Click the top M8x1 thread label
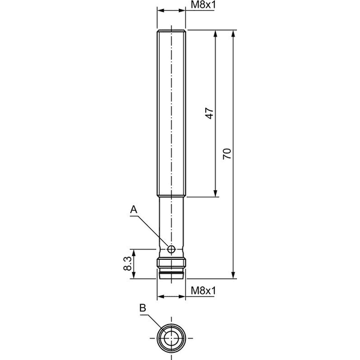tap(203, 5)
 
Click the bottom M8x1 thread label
tap(203, 291)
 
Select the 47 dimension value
tap(209, 113)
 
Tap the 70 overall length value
tap(227, 154)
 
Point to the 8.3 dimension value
tap(127, 263)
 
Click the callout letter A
tap(134, 210)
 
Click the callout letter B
tap(143, 308)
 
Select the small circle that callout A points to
tap(171, 249)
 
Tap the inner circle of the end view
tap(171, 338)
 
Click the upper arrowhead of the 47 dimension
tap(215, 34)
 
